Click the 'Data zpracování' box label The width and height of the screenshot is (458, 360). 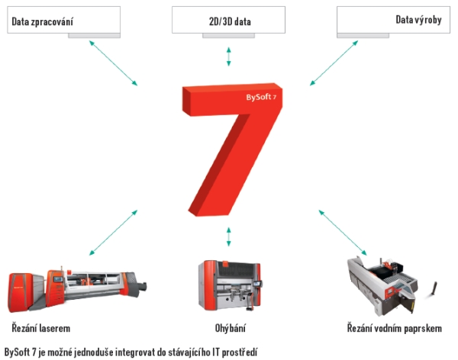(x=42, y=21)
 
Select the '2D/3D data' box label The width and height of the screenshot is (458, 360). (x=230, y=21)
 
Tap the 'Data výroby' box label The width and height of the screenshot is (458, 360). (x=418, y=20)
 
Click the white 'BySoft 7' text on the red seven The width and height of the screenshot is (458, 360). (x=261, y=97)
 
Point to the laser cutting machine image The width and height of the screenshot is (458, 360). (x=77, y=289)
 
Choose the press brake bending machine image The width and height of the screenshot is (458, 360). (x=230, y=285)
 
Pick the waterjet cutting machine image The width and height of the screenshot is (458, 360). (x=392, y=286)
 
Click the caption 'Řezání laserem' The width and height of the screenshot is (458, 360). (x=41, y=328)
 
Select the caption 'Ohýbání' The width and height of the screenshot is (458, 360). (x=231, y=328)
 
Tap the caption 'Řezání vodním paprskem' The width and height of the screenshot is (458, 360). (x=395, y=328)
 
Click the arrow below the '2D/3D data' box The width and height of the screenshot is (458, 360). (x=229, y=56)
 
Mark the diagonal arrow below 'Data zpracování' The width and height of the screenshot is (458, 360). (x=113, y=63)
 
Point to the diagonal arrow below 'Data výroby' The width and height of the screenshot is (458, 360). (x=334, y=63)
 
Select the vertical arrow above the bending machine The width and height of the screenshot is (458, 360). (x=229, y=236)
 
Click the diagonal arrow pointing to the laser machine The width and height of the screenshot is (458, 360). (x=113, y=233)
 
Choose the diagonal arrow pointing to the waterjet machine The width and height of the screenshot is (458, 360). (x=342, y=233)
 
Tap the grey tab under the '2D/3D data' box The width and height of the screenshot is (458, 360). (x=229, y=36)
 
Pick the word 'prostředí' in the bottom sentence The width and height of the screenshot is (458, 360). (x=240, y=352)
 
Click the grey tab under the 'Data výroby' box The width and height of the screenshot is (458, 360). (x=363, y=36)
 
